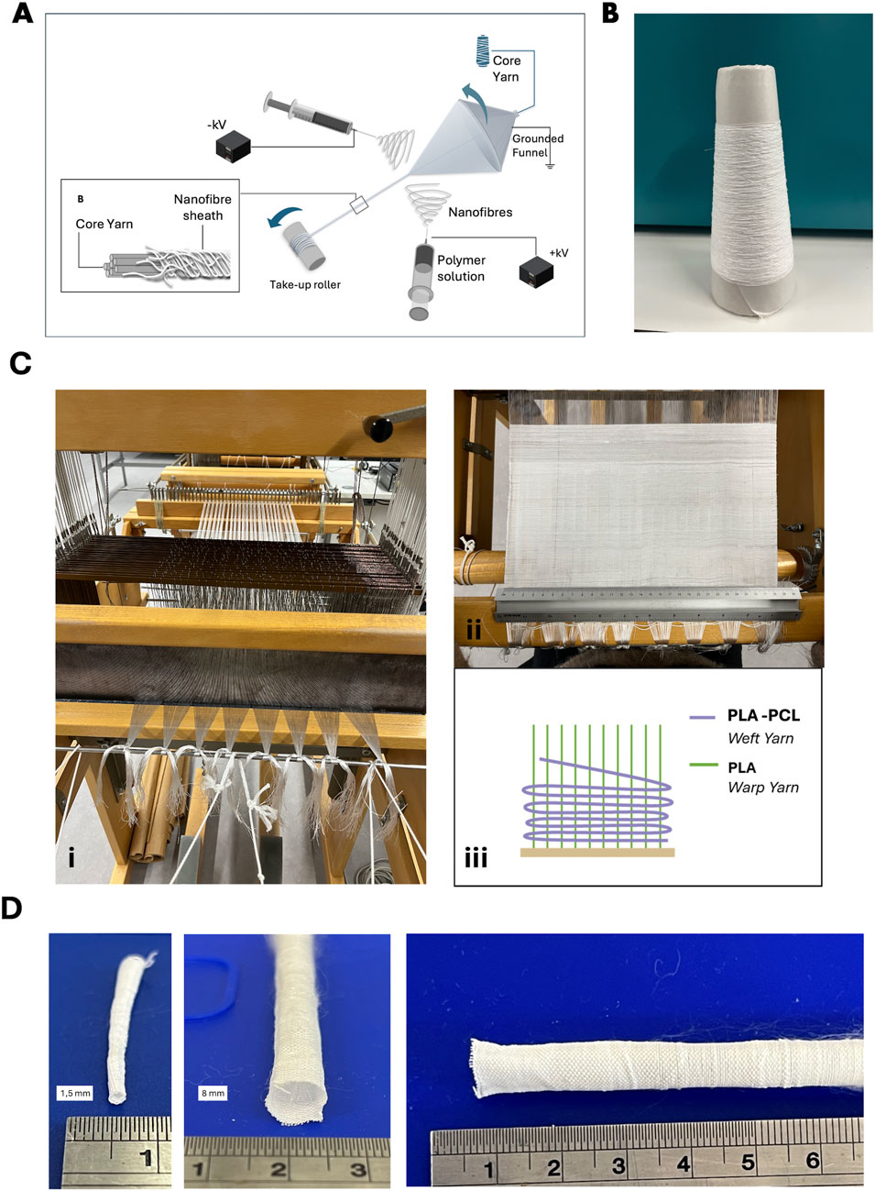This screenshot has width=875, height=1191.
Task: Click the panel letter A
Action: click(22, 14)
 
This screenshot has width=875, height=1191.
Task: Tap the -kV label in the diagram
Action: click(216, 125)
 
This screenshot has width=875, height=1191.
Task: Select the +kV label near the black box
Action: click(558, 252)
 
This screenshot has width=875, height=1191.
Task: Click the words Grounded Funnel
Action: click(537, 146)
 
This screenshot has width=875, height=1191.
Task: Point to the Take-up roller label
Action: click(304, 284)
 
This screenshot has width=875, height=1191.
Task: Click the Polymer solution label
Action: click(461, 268)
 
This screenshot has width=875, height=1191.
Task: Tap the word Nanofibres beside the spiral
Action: click(480, 212)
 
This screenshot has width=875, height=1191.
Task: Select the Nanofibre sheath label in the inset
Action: click(202, 207)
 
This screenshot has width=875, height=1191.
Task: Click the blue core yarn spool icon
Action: click(482, 50)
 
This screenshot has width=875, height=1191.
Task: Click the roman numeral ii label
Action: click(474, 630)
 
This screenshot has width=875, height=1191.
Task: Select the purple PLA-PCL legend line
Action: click(703, 717)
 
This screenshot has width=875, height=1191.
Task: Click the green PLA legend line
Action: click(703, 765)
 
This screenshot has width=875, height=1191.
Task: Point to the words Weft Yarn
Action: click(760, 738)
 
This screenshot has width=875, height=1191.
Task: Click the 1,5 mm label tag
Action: click(75, 1093)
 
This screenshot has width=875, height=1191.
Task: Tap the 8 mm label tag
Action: click(212, 1093)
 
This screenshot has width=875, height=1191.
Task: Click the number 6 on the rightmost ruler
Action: click(812, 1160)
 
